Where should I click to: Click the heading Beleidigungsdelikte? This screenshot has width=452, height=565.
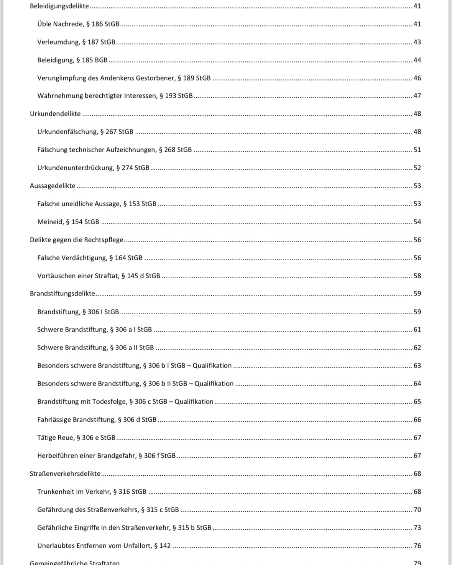point(59,6)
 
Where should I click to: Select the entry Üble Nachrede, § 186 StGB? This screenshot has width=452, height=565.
point(78,24)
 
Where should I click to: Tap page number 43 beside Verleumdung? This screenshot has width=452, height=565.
point(417,42)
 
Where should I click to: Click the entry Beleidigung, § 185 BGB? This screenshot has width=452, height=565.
point(72,60)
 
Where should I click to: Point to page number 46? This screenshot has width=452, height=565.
point(417,78)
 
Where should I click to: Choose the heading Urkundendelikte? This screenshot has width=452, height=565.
point(55,114)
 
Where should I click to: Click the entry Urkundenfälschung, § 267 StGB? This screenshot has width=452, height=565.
point(85,132)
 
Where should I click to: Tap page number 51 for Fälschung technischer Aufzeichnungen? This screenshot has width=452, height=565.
point(417,150)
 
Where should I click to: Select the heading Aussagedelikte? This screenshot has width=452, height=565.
point(53,186)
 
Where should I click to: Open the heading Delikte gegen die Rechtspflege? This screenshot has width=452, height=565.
point(77,240)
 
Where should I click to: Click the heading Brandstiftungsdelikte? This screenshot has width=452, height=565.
point(62,294)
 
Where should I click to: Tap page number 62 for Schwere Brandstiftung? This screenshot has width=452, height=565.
point(417,348)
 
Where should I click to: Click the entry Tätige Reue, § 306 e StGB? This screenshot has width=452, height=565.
point(76,438)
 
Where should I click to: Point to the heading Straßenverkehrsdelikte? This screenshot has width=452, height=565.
point(65,474)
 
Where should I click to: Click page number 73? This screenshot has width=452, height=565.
point(417,528)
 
